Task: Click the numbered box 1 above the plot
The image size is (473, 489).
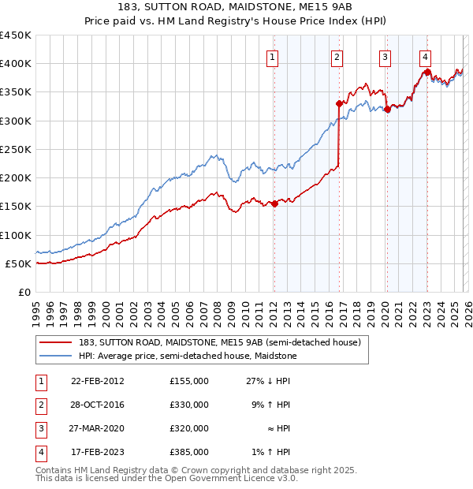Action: [x=272, y=57]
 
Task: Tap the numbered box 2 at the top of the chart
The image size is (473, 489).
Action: [x=337, y=57]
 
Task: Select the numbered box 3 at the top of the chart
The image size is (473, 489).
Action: [x=385, y=57]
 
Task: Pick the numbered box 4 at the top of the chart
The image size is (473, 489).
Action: [x=425, y=57]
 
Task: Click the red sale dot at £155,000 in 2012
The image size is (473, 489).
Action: [x=274, y=203]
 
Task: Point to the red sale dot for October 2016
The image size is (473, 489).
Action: [x=339, y=103]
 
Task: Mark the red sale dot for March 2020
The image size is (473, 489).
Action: [x=387, y=110]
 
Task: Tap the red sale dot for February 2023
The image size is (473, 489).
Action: [x=427, y=73]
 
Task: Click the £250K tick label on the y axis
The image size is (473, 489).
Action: [x=16, y=149]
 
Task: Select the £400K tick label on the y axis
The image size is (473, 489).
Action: [x=16, y=64]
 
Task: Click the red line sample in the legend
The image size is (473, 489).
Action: [x=55, y=342]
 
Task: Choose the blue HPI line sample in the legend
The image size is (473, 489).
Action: [x=55, y=356]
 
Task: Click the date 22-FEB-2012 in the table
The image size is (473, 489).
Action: [x=98, y=381]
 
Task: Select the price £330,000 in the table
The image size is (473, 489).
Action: [x=189, y=405]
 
